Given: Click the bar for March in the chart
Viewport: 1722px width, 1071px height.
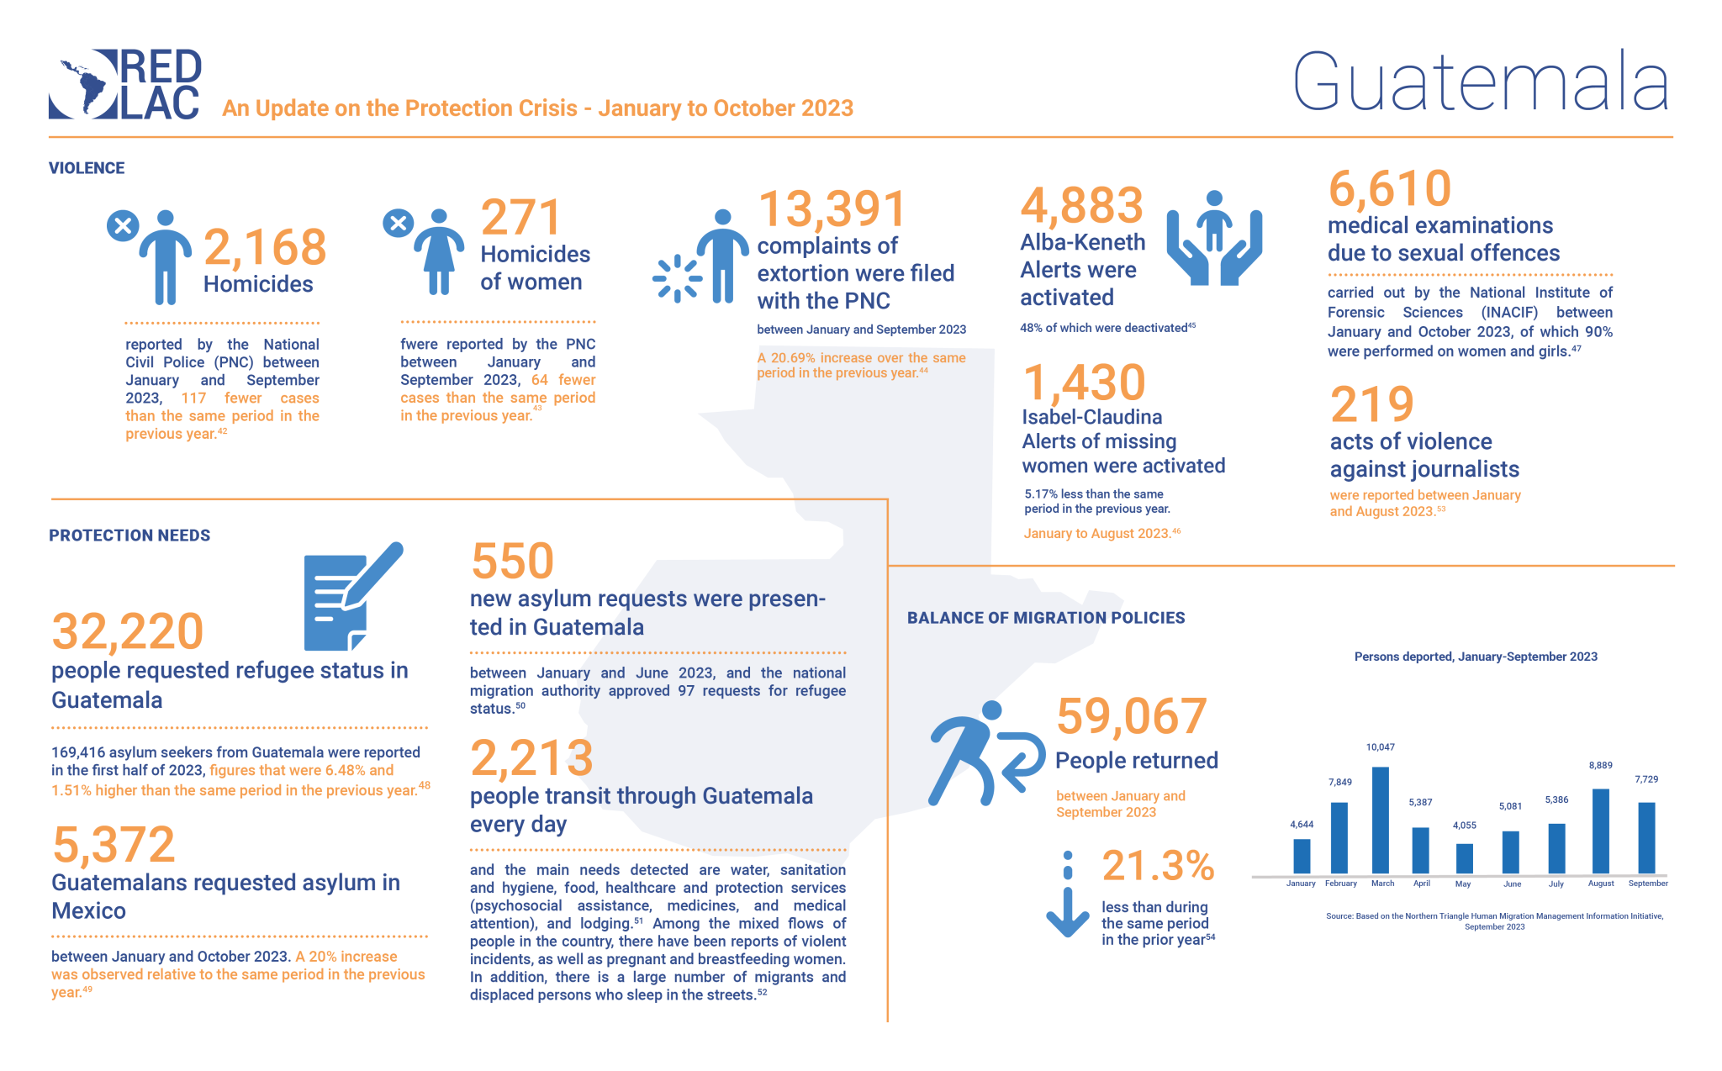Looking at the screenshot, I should point(1380,820).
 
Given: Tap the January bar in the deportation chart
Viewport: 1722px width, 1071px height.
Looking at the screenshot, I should point(1302,856).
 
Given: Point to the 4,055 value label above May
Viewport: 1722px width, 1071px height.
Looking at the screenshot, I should point(1464,826).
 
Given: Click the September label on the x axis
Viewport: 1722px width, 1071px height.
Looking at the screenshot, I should point(1647,884).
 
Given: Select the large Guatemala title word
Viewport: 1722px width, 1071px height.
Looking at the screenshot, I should point(1480,82).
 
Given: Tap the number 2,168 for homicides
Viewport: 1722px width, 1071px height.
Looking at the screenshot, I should point(265,247).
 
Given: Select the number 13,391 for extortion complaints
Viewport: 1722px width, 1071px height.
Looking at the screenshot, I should point(832,208).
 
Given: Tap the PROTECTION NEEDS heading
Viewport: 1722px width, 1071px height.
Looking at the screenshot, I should point(129,535).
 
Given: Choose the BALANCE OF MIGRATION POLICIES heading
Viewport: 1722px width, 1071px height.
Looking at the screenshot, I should point(1045,618).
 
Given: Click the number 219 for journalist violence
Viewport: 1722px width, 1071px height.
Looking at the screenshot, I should point(1371,404).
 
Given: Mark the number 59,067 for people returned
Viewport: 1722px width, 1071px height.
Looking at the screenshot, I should point(1131,716).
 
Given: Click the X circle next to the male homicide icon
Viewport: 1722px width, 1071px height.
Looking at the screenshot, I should point(123,225).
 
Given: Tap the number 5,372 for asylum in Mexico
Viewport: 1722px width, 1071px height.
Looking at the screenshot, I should point(114,845).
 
